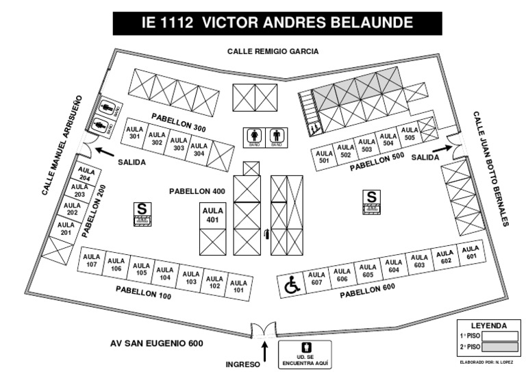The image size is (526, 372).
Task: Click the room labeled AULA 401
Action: (x=212, y=215)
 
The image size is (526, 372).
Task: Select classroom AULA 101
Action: (x=238, y=285)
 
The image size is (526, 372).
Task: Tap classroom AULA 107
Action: (x=92, y=261)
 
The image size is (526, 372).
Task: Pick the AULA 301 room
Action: (x=134, y=132)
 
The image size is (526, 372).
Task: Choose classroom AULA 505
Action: (x=409, y=134)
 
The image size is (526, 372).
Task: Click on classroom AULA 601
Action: (x=471, y=253)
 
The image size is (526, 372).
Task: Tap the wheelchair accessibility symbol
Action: (x=291, y=285)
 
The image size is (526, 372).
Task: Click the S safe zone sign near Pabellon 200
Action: (x=142, y=214)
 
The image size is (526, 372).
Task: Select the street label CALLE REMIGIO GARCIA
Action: (x=273, y=51)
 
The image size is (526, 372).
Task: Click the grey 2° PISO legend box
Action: (x=499, y=347)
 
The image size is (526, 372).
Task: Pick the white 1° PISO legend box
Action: (x=499, y=336)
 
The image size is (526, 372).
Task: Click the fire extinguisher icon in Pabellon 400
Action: (x=266, y=236)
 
